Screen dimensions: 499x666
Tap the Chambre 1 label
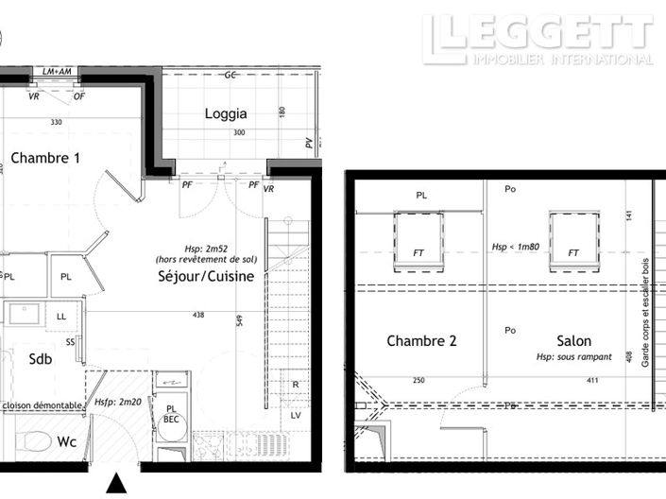coord(44,158)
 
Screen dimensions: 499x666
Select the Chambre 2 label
coord(421,341)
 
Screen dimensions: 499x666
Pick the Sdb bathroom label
coord(41,359)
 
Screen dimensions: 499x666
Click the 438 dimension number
coord(196,315)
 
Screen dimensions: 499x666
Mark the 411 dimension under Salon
coord(566,381)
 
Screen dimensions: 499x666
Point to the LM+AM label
coord(58,72)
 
